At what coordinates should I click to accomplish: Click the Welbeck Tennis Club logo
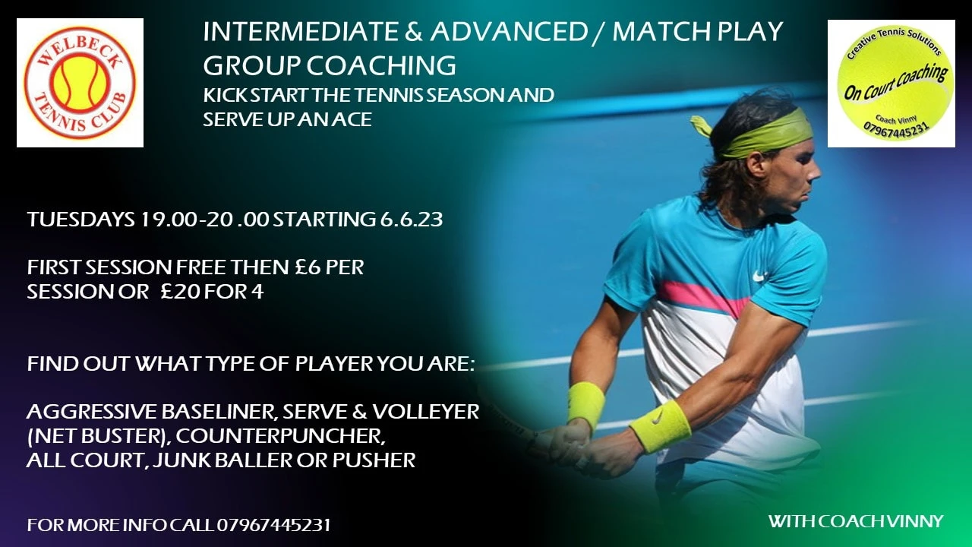click(x=80, y=83)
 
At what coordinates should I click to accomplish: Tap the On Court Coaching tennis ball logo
click(x=892, y=84)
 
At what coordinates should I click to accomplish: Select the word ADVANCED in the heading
click(x=509, y=32)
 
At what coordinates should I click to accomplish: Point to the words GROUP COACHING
click(x=330, y=65)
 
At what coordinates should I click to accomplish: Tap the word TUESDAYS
click(x=81, y=220)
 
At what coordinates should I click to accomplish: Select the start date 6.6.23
click(x=412, y=220)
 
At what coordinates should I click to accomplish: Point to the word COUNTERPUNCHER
click(x=280, y=436)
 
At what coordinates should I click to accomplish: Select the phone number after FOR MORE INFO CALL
click(x=273, y=525)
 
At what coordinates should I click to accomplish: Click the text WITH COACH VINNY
click(x=856, y=521)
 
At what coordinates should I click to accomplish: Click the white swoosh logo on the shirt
click(x=760, y=275)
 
